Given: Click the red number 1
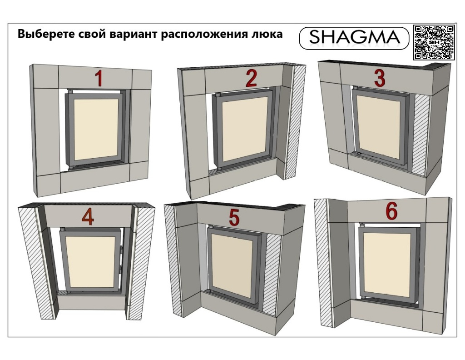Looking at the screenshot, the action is [99, 78].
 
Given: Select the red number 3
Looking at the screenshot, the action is [380, 78].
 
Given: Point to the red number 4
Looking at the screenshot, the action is [88, 218].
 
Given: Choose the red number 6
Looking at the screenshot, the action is [391, 212].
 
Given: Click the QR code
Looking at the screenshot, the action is [434, 42].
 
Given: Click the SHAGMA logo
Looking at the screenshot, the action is [354, 37].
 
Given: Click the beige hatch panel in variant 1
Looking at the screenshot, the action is [96, 129].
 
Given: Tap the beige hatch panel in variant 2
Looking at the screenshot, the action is [245, 132].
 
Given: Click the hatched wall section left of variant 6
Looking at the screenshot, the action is [322, 262].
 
